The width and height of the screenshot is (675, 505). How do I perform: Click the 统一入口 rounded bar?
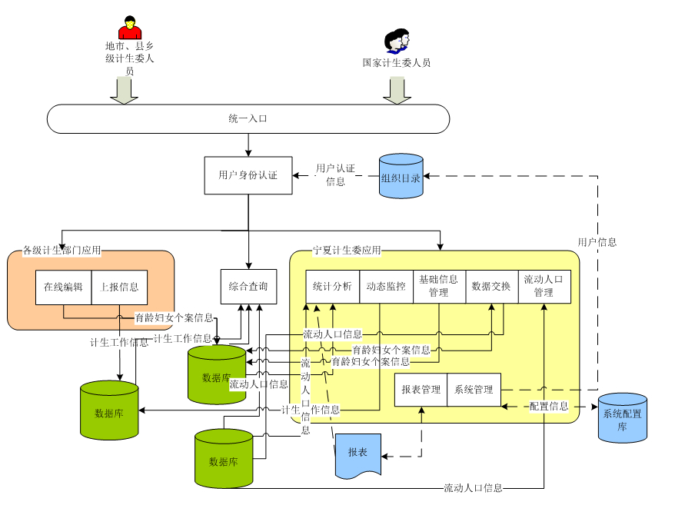click(248, 119)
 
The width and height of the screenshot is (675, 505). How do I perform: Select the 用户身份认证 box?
click(248, 175)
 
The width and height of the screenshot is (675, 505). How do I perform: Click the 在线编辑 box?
click(63, 287)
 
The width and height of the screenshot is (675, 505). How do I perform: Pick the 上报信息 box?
click(119, 287)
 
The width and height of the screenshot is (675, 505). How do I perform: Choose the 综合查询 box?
click(248, 287)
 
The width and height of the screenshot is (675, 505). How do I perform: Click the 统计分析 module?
click(332, 287)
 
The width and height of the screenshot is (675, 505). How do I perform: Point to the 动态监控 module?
click(386, 287)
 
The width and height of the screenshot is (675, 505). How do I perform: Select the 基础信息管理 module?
click(439, 286)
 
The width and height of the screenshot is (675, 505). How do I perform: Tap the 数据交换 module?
click(491, 287)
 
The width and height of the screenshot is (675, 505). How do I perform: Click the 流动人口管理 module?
click(544, 286)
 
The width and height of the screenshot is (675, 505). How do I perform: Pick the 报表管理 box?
click(421, 390)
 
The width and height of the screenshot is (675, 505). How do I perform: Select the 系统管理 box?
click(474, 390)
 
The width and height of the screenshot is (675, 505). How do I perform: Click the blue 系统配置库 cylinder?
click(623, 417)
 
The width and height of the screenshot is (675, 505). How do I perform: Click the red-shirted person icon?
click(130, 28)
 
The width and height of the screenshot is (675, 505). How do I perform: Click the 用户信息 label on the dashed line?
click(597, 242)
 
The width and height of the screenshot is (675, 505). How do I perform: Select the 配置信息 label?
click(549, 406)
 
